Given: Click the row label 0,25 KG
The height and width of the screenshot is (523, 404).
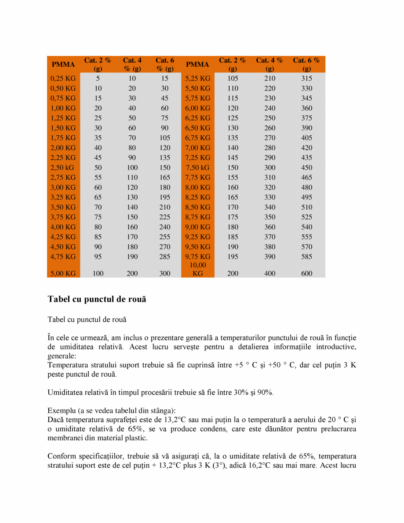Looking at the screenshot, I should pos(64,79).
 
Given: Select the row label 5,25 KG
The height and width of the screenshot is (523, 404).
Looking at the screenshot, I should pos(197,79).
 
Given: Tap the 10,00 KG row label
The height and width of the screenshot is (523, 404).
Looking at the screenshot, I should pos(197,269).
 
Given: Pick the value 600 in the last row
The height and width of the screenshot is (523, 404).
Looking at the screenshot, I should pos(307,273).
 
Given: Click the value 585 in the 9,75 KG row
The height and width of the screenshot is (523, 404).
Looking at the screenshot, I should pos(307,257).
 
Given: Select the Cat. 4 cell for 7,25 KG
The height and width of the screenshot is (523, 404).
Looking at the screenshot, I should pos(270,158).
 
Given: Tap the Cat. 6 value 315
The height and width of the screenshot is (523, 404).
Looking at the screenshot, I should pos(307,79).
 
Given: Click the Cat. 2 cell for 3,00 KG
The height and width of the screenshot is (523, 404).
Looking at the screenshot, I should pos(98,188).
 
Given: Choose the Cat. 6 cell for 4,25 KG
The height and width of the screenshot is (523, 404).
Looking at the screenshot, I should pos(165,237).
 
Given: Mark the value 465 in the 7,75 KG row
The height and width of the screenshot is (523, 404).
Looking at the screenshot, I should pos(307,178).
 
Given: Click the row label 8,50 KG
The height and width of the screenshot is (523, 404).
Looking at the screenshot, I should pos(197,207).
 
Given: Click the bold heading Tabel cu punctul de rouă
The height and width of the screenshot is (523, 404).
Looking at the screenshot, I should pos(97,299).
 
